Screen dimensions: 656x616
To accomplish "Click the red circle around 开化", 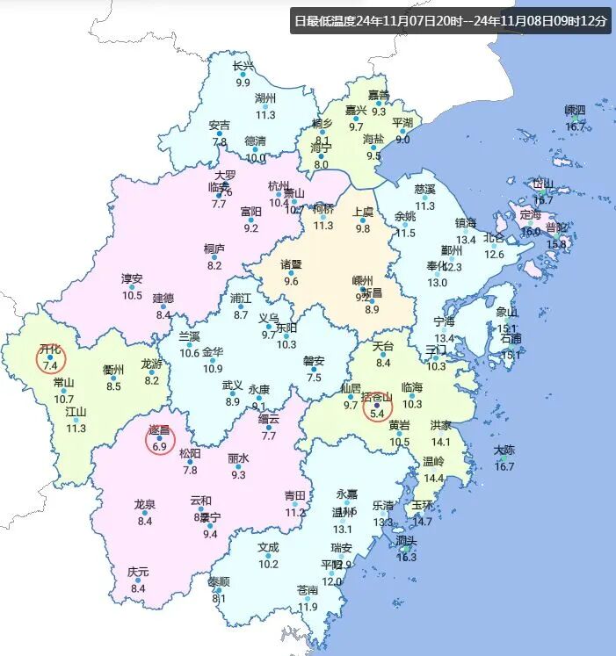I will (x=50, y=357).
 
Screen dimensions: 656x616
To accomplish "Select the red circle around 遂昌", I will (x=160, y=439).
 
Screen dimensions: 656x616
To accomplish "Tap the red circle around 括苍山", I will (x=379, y=405).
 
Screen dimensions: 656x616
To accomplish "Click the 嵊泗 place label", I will (x=575, y=111).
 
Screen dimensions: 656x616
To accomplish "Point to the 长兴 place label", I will (x=243, y=66).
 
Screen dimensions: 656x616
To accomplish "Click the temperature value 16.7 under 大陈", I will (x=504, y=466).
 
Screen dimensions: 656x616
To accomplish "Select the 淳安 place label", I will (x=132, y=278).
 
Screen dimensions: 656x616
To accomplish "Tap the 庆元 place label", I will (x=138, y=572).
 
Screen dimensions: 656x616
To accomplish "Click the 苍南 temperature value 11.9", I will (x=308, y=607).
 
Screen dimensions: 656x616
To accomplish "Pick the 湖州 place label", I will (x=265, y=97).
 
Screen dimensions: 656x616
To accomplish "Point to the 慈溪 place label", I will (x=424, y=189).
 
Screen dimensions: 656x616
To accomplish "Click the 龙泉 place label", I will (x=145, y=504).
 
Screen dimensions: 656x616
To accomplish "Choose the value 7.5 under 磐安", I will (x=315, y=378).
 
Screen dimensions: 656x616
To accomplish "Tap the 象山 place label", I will (x=507, y=312).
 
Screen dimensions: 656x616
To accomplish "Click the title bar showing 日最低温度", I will (x=451, y=21).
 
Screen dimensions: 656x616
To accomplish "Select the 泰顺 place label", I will (x=219, y=581).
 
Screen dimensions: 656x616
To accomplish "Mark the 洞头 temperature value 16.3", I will (x=406, y=557).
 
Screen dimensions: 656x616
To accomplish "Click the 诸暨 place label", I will (x=291, y=264).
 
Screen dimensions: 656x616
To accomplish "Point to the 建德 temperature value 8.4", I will (x=163, y=314).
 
